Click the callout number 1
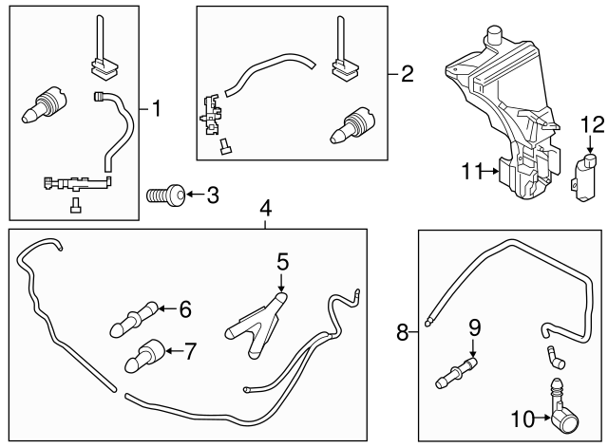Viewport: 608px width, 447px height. pos(157,110)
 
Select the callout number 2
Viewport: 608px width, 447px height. pos(407,73)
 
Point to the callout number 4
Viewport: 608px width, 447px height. pos(267,208)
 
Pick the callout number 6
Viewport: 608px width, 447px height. pos(184,308)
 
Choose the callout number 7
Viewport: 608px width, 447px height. pos(190,351)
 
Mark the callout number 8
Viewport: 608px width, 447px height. pos(404,332)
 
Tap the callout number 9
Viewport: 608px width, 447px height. pos(474,327)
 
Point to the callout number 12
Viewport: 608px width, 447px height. pos(591,124)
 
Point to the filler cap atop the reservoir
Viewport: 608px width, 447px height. pos(493,37)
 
